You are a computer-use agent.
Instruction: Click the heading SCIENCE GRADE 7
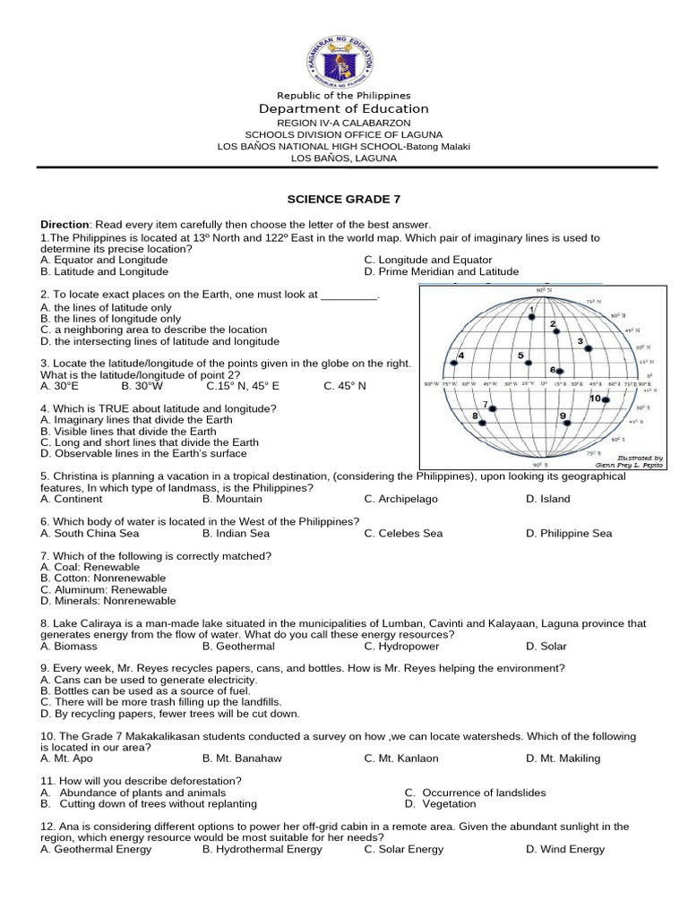click(344, 199)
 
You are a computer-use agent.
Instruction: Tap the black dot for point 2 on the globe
click(556, 332)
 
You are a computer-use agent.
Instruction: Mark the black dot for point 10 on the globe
click(606, 399)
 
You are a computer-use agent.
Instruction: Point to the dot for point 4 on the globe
click(454, 363)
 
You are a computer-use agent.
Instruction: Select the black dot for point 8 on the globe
click(480, 423)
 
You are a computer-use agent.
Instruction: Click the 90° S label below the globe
click(540, 466)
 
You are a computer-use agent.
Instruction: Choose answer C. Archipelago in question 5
click(402, 499)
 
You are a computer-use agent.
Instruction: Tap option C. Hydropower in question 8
click(401, 646)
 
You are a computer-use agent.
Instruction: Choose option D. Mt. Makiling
click(563, 758)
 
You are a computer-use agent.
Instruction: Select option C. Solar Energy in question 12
click(403, 849)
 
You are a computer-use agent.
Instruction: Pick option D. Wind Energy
click(564, 849)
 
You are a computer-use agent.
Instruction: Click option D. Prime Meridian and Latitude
click(441, 271)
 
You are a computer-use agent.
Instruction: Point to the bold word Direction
click(64, 224)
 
